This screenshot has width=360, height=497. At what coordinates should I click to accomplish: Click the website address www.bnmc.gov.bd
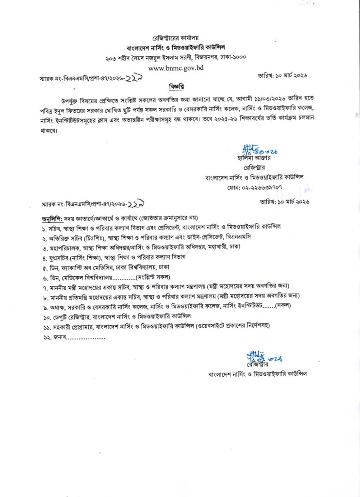177,68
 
